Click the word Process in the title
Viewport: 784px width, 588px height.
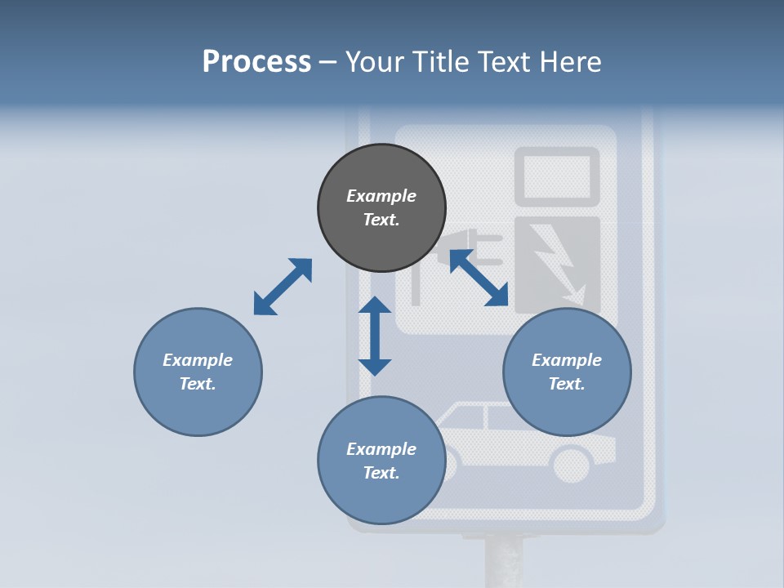(x=256, y=62)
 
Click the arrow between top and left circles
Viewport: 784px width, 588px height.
(x=283, y=287)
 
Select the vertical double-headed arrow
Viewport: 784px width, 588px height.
(x=375, y=336)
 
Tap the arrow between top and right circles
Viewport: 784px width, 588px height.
(x=479, y=278)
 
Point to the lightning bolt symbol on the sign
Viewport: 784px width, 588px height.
(x=559, y=262)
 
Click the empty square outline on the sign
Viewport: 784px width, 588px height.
(x=557, y=176)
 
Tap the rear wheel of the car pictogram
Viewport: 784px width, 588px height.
(x=572, y=465)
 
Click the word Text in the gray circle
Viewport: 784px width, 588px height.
(x=381, y=220)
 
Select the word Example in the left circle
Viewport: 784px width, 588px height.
(x=198, y=360)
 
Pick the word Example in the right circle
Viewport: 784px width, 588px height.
(x=567, y=360)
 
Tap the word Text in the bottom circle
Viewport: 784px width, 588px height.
(x=381, y=473)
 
